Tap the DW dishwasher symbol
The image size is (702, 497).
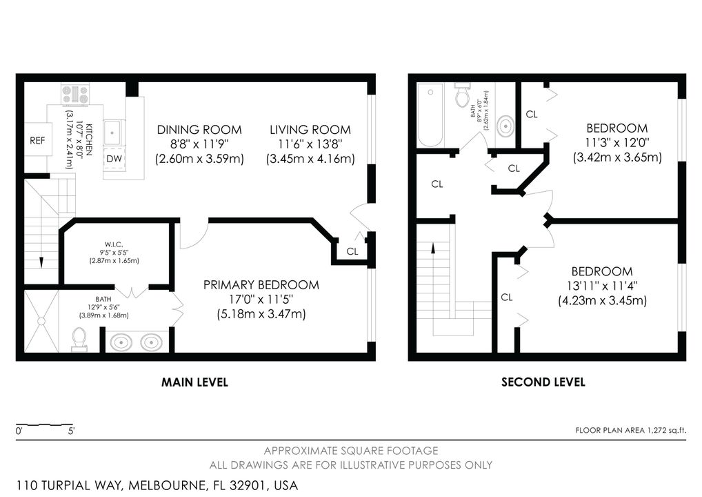click(114, 159)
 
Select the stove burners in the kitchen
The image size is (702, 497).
click(75, 94)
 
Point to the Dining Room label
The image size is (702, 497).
click(199, 130)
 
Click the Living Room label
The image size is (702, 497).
click(310, 130)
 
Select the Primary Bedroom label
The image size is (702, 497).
click(261, 285)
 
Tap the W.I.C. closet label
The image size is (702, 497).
click(114, 244)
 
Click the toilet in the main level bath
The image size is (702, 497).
click(79, 339)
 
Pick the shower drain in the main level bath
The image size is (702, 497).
click(41, 322)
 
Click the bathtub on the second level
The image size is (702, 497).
click(430, 115)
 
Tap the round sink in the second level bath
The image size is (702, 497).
click(505, 126)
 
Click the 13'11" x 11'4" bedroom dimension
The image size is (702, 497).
click(602, 286)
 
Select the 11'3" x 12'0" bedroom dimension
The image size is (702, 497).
click(617, 142)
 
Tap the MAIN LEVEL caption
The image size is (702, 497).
click(194, 382)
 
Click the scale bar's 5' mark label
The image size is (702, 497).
click(71, 431)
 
